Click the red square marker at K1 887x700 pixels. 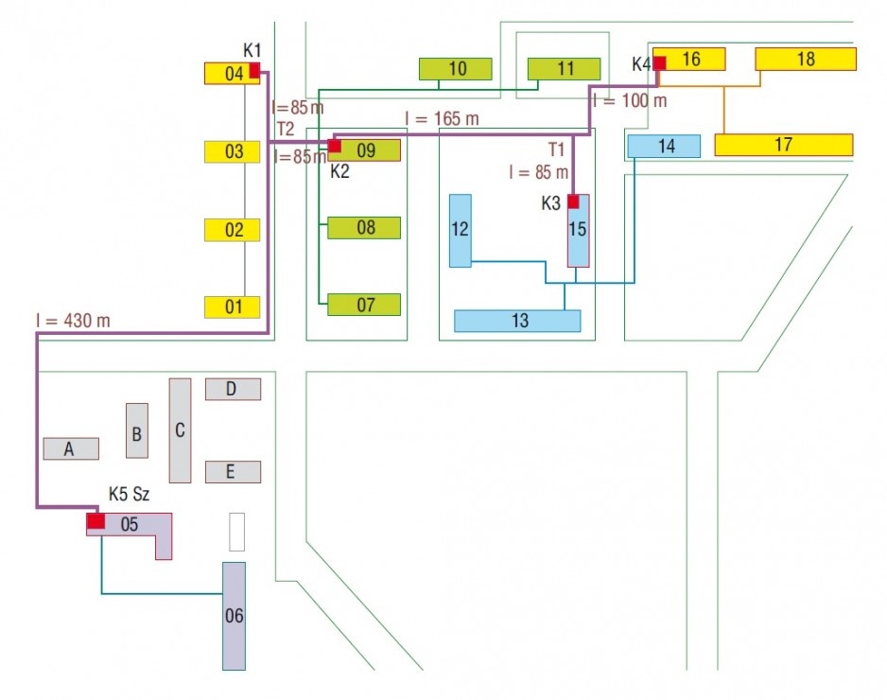click(x=254, y=70)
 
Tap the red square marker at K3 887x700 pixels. click(x=573, y=201)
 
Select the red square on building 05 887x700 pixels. click(x=96, y=520)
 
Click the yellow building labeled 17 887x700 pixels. click(x=784, y=145)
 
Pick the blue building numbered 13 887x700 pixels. click(x=517, y=321)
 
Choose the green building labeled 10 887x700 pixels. click(x=456, y=69)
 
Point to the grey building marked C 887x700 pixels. click(x=180, y=430)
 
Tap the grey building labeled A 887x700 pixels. click(x=71, y=448)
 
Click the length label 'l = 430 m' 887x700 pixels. click(x=73, y=321)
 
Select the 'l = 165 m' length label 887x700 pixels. click(x=442, y=119)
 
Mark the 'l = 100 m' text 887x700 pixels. click(x=630, y=100)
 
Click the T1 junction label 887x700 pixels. click(x=556, y=149)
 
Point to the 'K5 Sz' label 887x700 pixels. click(x=129, y=494)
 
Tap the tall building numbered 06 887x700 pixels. click(x=234, y=616)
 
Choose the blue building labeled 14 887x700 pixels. click(x=664, y=146)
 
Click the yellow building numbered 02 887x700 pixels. click(x=232, y=230)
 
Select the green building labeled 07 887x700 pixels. click(x=364, y=305)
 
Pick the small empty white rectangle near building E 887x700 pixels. click(x=237, y=532)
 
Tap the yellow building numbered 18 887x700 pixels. click(x=806, y=59)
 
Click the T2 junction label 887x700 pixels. click(x=286, y=129)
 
